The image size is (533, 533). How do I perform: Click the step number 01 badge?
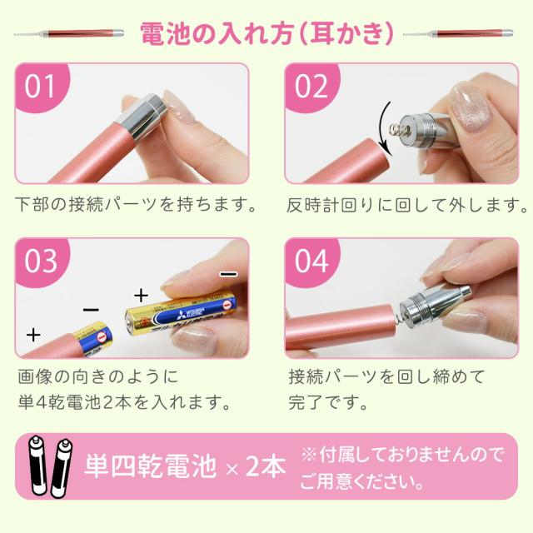(40, 86)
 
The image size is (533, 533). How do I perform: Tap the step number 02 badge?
(311, 86)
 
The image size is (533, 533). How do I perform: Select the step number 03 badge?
(40, 261)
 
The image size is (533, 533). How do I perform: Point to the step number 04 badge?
(311, 261)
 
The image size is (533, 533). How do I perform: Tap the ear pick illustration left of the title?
(69, 33)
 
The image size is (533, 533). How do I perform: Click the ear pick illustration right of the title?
(458, 33)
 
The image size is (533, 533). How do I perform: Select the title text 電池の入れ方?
(217, 33)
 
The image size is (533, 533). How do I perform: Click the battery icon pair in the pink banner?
(50, 466)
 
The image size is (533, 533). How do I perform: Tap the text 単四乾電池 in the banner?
(150, 466)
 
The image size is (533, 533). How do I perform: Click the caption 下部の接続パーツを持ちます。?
(135, 204)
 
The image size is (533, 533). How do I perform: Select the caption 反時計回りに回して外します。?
(406, 205)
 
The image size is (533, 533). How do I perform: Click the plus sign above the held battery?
(141, 295)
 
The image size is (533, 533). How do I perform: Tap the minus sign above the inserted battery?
(91, 309)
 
